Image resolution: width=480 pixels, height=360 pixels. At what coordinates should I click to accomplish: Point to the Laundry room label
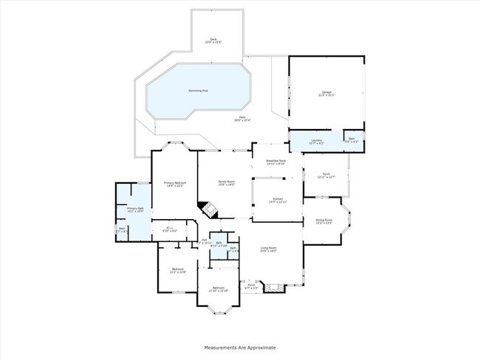[x=315, y=141]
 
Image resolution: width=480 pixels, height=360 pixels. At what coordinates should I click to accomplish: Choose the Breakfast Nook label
[x=276, y=162]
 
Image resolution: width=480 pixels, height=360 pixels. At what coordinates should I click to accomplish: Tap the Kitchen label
[x=278, y=200]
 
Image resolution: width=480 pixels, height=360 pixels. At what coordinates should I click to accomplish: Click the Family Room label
[x=225, y=183]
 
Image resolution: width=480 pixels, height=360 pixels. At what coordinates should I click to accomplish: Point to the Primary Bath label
[x=134, y=210]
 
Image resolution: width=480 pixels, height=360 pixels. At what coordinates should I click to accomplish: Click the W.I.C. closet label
[x=169, y=229]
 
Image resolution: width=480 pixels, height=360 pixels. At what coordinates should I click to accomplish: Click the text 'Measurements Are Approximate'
[x=239, y=346]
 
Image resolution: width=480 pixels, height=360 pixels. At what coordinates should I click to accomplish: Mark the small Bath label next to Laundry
[x=353, y=141]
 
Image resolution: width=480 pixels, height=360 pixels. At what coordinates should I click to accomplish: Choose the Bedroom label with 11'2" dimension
[x=177, y=270]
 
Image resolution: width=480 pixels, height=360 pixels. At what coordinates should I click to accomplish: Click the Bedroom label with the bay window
[x=218, y=289]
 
